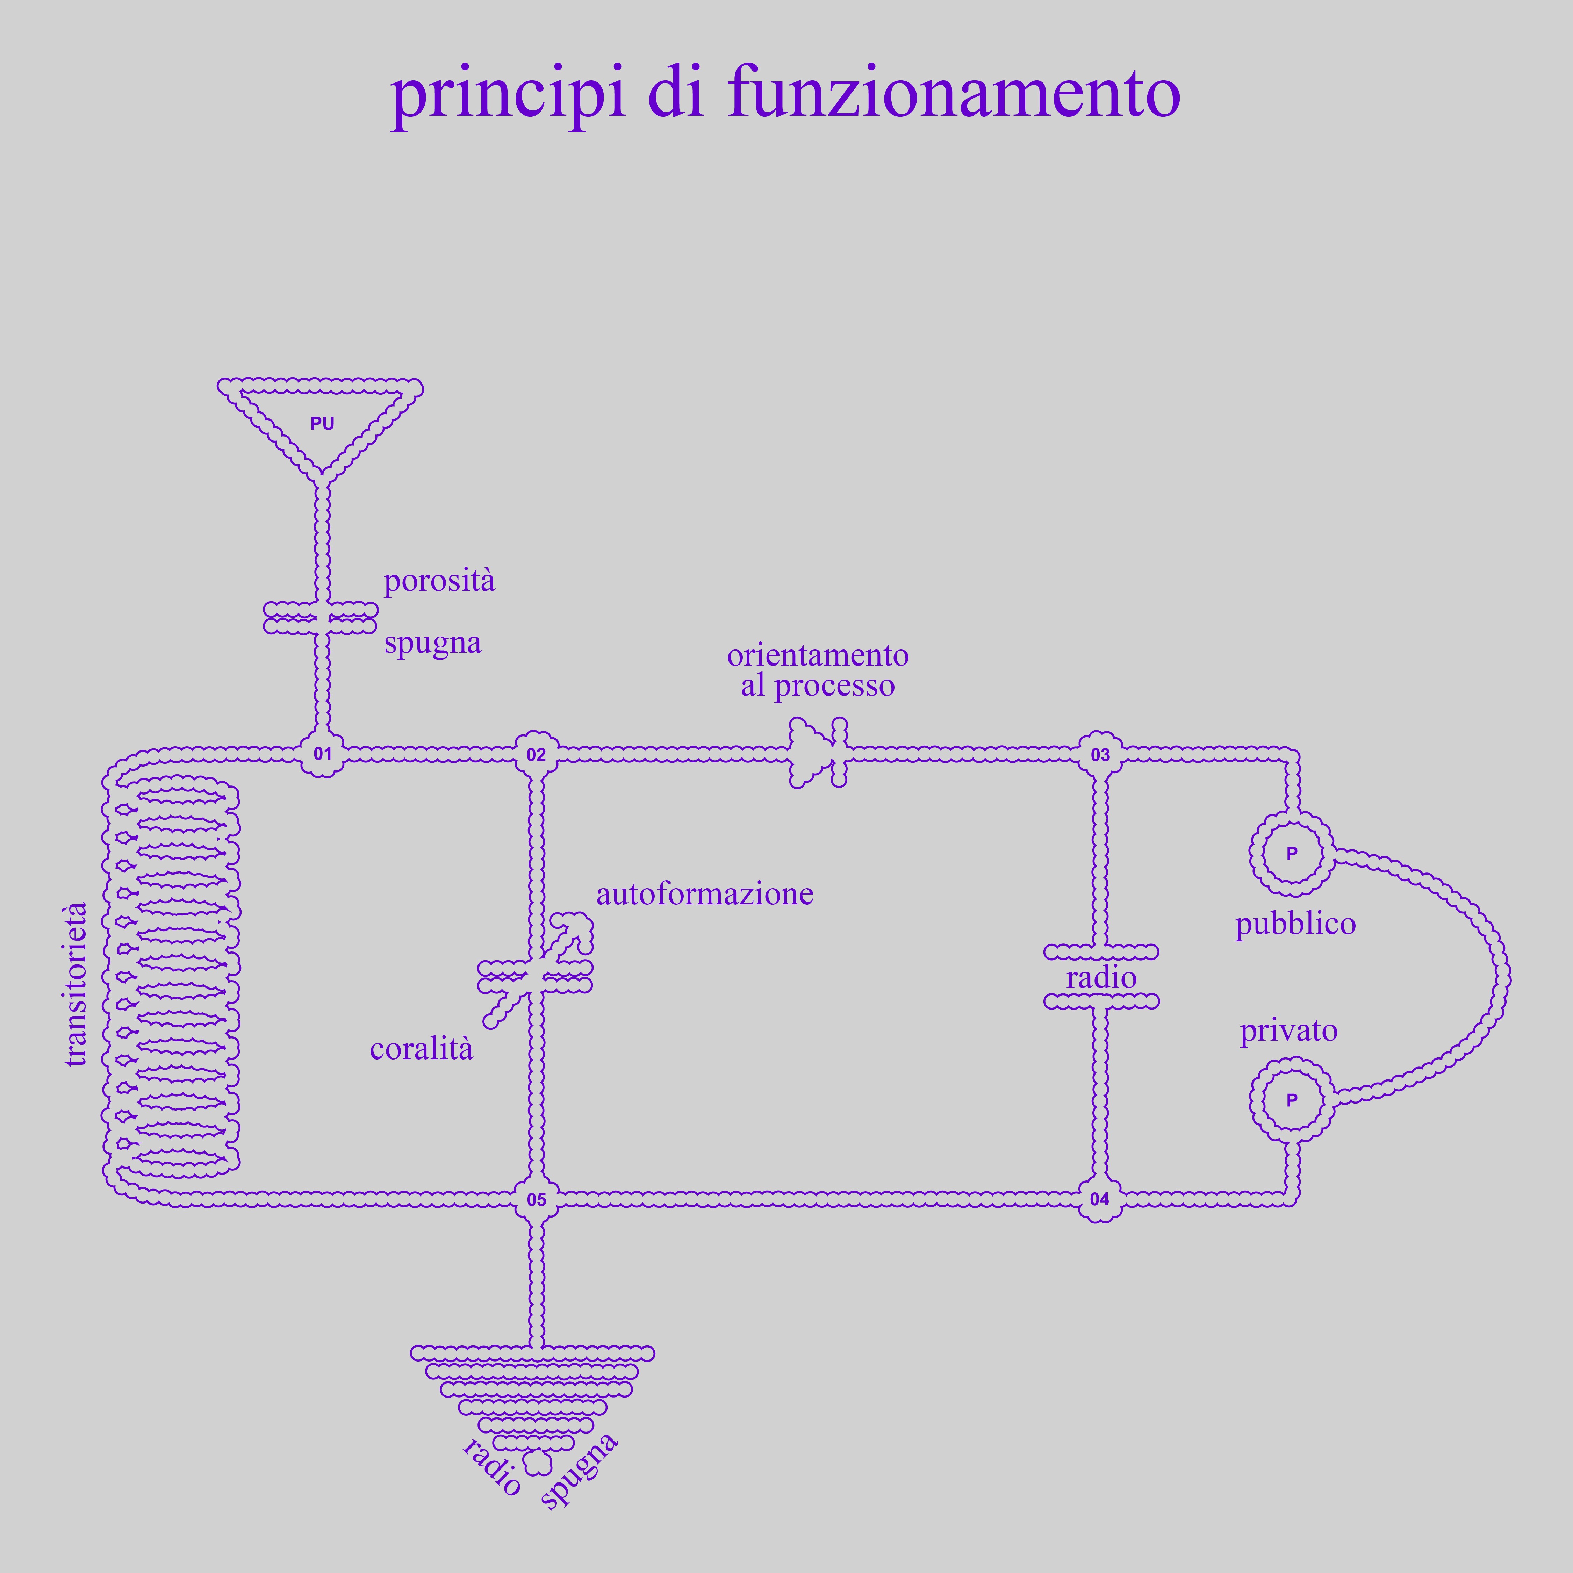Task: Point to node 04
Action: (1100, 1199)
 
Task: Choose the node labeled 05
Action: (536, 1199)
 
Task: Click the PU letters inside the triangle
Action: (322, 423)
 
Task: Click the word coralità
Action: (421, 1049)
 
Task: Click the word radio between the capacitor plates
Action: (1101, 977)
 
